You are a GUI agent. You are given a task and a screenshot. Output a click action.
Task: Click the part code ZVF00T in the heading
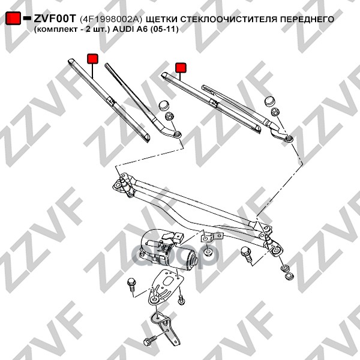coord(55,19)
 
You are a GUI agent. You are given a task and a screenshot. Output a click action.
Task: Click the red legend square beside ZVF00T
coord(13,18)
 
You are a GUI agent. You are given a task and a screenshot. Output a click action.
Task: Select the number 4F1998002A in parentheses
coord(111,19)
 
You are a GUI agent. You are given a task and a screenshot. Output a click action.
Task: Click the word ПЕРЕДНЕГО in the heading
coord(307,19)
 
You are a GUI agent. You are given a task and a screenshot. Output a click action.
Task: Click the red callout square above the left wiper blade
coord(92,59)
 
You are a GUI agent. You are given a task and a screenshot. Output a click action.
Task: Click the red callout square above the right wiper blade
coord(181,67)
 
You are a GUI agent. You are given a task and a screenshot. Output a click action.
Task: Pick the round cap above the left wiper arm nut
coord(164,105)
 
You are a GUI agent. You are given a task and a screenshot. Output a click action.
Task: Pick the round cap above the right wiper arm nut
coord(269,101)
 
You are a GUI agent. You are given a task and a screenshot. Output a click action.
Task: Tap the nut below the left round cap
coord(169,115)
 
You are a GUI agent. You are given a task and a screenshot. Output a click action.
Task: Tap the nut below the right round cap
coord(275,112)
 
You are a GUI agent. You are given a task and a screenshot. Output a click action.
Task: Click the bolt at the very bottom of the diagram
coord(150,340)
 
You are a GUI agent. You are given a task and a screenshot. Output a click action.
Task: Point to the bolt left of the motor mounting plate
coord(131,284)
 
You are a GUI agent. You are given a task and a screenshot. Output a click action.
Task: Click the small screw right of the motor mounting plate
coord(181,299)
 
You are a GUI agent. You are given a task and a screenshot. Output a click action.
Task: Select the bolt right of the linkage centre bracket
coord(247,254)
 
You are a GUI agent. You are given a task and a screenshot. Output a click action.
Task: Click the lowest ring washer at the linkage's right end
coord(289,276)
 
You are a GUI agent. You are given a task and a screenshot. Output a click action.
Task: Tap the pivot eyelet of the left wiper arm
coord(178,134)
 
